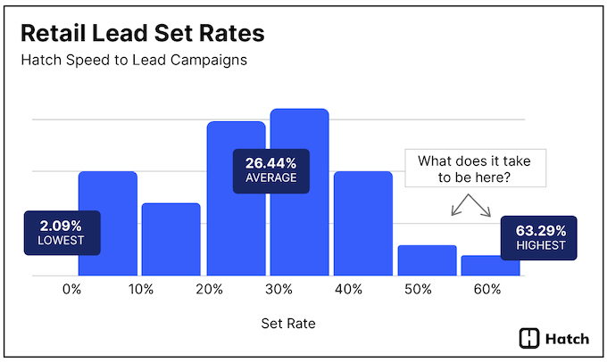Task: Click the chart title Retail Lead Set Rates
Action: click(x=143, y=35)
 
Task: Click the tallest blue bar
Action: click(x=300, y=192)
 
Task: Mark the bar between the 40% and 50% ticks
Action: click(x=362, y=223)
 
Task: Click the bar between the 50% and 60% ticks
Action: click(x=427, y=260)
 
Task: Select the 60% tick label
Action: click(x=487, y=290)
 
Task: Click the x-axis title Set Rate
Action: click(x=287, y=324)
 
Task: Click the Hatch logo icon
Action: click(x=529, y=338)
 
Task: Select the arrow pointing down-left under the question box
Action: click(x=455, y=210)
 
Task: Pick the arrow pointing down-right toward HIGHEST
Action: click(x=486, y=210)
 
